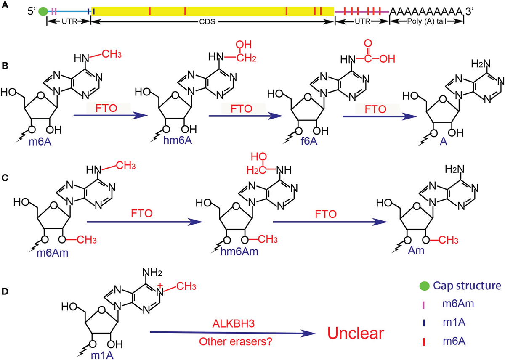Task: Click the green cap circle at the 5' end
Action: coord(43,11)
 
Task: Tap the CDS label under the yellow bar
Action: coord(207,21)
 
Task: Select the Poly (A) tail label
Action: coord(427,21)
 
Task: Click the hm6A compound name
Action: coord(178,140)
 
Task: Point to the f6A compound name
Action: coord(309,141)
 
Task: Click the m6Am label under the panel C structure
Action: coord(53,253)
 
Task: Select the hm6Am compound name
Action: coord(239,251)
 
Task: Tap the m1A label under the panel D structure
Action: coord(102,355)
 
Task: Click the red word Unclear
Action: coord(356,333)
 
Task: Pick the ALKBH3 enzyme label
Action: coord(234,324)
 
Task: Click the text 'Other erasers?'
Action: coord(236,342)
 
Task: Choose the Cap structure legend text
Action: coord(467,286)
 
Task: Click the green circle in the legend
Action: coord(424,286)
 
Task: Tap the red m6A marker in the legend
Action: coord(424,342)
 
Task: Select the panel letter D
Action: coord(5,291)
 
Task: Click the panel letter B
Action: coord(5,66)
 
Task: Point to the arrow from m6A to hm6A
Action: coord(110,116)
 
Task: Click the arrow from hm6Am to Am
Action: coord(330,222)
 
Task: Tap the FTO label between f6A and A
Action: coord(375,109)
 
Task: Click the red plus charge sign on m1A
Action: coord(160,286)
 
